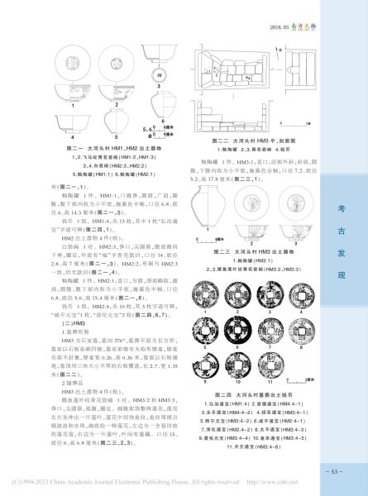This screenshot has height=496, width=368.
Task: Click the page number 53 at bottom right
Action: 332,470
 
